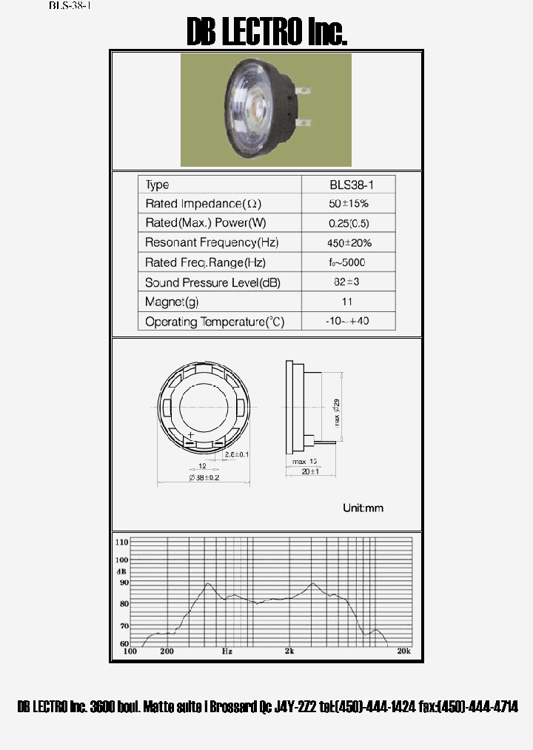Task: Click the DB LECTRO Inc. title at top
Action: (266, 33)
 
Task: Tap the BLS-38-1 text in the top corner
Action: (70, 6)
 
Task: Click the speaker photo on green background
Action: (266, 110)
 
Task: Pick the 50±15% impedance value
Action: (348, 203)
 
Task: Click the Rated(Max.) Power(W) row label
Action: (206, 223)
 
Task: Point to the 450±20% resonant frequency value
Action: (348, 242)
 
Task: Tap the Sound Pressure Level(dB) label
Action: (212, 282)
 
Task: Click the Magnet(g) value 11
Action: (348, 302)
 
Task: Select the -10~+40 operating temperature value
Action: (348, 322)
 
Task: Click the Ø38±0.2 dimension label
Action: (203, 478)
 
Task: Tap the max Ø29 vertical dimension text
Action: (337, 412)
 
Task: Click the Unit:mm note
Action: (363, 508)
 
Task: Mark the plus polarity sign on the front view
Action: (191, 434)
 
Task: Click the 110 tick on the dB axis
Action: (121, 542)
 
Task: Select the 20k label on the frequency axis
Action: (403, 651)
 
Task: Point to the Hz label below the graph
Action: (227, 651)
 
